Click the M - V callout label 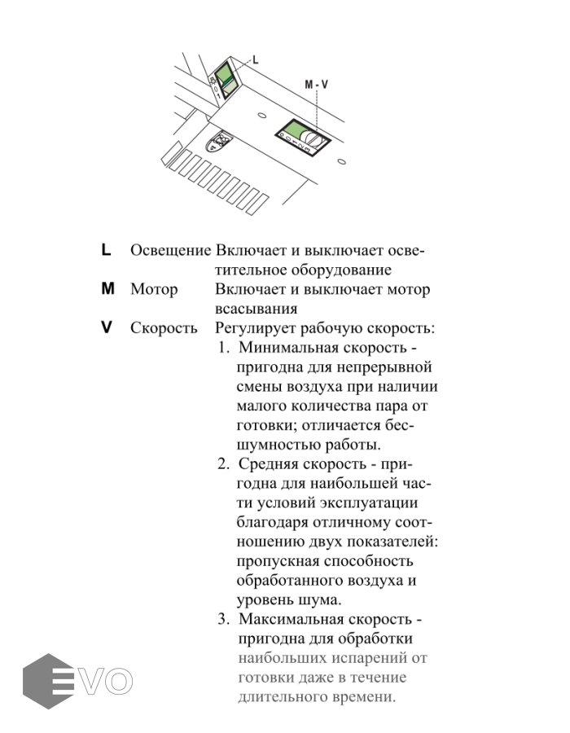(x=316, y=85)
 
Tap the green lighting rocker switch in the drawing (x=225, y=76)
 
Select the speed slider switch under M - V (x=303, y=135)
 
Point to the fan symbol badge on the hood (x=218, y=142)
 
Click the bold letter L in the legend (x=106, y=250)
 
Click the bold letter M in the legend (x=107, y=289)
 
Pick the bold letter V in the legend (x=106, y=328)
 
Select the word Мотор (x=154, y=290)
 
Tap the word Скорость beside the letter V (x=164, y=329)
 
